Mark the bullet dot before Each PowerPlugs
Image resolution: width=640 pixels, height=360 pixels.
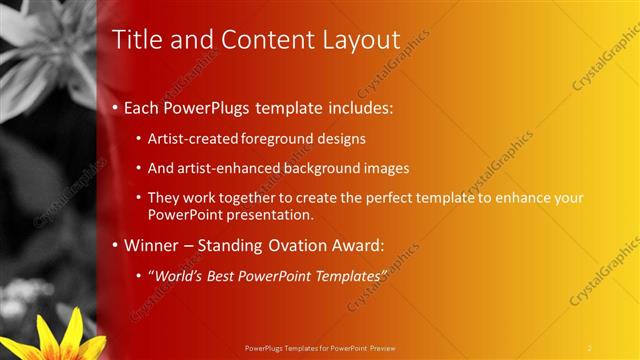(116, 107)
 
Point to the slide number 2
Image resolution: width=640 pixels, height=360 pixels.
(589, 347)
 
